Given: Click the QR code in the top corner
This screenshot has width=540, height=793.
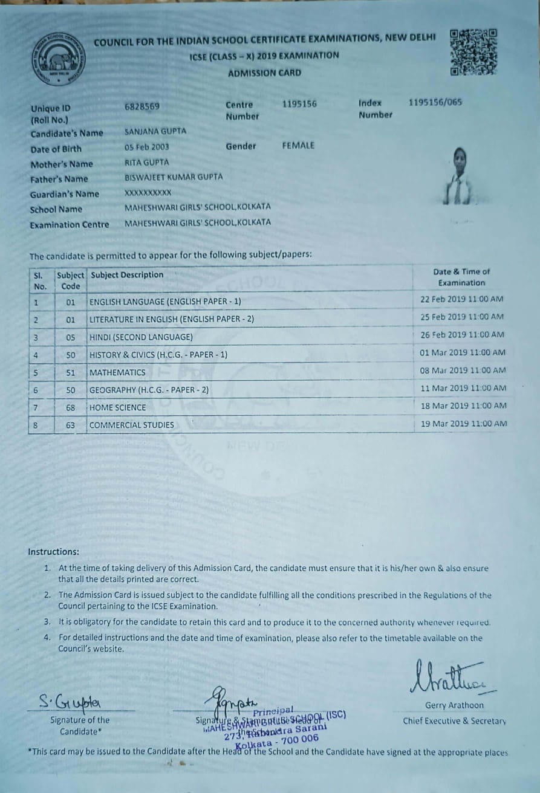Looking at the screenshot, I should click(473, 52).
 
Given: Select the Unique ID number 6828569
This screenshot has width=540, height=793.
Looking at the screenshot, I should click(142, 106).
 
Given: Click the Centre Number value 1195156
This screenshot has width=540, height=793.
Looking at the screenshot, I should click(299, 104).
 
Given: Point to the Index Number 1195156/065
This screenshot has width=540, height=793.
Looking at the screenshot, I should click(435, 102).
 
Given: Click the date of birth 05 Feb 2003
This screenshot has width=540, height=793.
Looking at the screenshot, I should click(147, 147).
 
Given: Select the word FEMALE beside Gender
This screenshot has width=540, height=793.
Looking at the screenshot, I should click(298, 146).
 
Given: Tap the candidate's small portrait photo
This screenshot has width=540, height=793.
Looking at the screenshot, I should click(458, 178).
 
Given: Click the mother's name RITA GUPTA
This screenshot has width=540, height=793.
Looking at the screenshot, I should click(147, 162).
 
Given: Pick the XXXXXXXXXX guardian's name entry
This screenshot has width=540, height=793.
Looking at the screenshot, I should click(148, 193).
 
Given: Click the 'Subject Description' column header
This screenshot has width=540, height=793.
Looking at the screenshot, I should click(127, 275).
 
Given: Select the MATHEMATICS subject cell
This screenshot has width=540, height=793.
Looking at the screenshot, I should click(117, 372).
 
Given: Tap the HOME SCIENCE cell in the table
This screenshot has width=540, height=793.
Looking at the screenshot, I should click(118, 407).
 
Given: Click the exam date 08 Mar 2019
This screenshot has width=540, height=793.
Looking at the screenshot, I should click(444, 371).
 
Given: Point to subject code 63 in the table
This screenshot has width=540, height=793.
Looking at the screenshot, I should click(71, 425).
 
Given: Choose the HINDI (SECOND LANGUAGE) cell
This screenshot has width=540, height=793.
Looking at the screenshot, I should click(141, 337).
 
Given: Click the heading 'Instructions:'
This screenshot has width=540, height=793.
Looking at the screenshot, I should click(53, 552).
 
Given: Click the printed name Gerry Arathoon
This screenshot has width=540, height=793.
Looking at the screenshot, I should click(454, 705).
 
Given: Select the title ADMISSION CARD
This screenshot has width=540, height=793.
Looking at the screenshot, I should click(264, 73).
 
